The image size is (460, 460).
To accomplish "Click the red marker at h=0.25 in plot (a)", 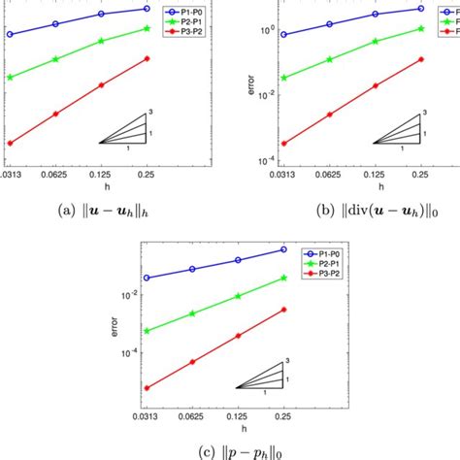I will tap(147, 58).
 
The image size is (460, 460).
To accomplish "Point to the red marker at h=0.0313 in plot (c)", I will tap(147, 387).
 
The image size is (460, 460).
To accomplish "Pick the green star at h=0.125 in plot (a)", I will tap(101, 44).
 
